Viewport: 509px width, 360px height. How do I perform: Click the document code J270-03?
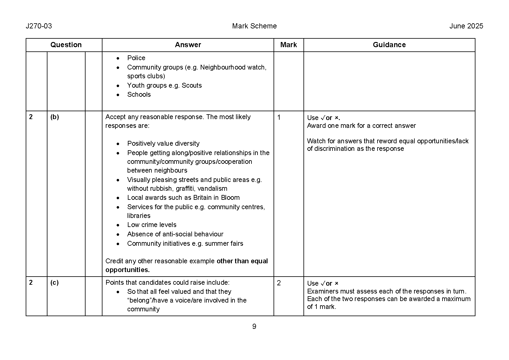39,26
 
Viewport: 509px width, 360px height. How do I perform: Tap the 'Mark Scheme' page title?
254,26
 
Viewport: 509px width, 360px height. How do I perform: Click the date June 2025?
466,26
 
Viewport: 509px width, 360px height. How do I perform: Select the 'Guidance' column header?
389,45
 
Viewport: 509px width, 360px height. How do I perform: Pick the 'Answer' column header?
188,45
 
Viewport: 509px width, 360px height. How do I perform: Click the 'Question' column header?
66,45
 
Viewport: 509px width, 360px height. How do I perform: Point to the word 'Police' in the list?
136,58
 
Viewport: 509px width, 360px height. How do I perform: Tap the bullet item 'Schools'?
139,94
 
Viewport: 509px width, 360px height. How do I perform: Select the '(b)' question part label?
55,117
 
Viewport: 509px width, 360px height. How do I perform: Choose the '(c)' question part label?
54,283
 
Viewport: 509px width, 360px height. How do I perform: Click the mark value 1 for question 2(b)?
279,117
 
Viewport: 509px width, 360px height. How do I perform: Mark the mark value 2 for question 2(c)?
279,283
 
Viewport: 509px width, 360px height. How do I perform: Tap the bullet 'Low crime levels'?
152,225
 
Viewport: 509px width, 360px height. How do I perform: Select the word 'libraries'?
139,216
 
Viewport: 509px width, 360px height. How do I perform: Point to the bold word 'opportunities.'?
128,270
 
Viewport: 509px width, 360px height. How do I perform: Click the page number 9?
254,326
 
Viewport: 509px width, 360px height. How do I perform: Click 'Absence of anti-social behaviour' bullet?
175,234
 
